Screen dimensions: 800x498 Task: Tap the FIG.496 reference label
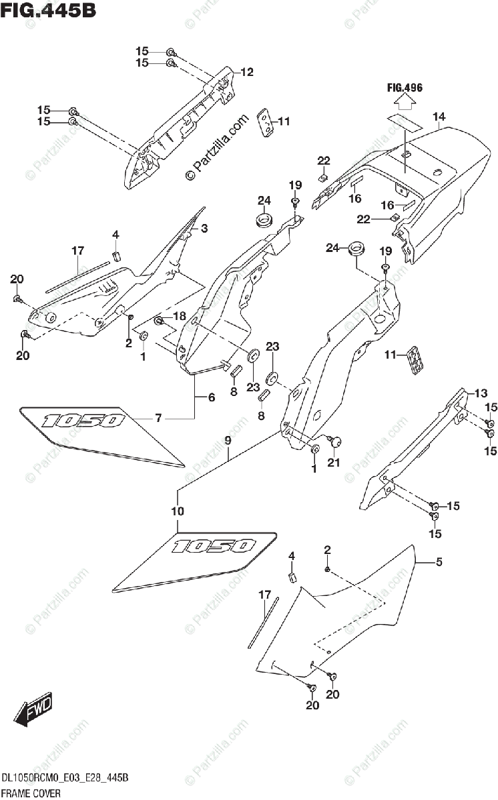(x=405, y=87)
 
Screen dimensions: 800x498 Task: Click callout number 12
(x=247, y=72)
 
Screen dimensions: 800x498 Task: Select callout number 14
(x=439, y=117)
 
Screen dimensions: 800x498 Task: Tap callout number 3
(x=204, y=228)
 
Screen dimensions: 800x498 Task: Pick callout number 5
(x=439, y=562)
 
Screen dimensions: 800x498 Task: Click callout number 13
(x=481, y=393)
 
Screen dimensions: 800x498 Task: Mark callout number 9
(x=228, y=440)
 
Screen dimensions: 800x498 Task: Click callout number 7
(x=158, y=419)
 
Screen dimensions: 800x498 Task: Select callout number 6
(x=211, y=397)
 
